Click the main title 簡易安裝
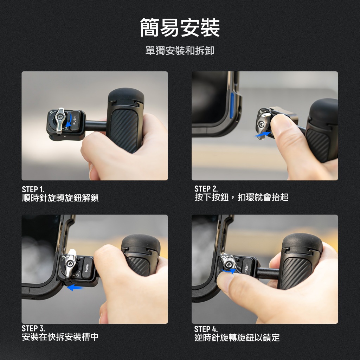click(180, 27)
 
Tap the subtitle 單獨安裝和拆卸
click(180, 51)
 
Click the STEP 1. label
click(33, 189)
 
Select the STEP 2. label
click(206, 189)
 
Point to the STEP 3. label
click(33, 328)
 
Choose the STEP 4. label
click(206, 329)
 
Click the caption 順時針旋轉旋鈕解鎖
click(60, 198)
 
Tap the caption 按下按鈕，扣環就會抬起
click(241, 197)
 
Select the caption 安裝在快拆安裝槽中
click(60, 337)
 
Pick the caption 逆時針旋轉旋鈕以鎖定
click(237, 337)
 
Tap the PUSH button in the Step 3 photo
click(87, 267)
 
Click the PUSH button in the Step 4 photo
click(246, 268)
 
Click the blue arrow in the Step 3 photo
click(75, 288)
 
